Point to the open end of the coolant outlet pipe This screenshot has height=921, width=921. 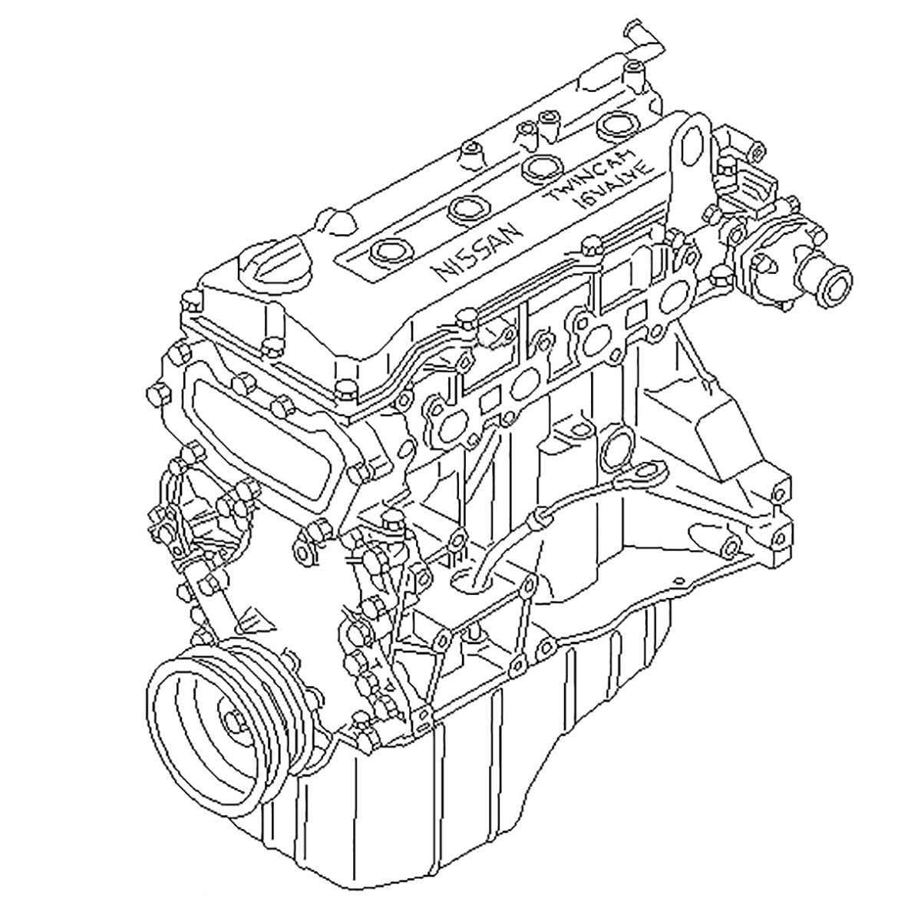click(x=835, y=288)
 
